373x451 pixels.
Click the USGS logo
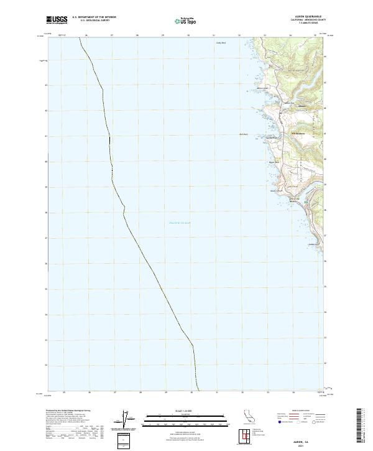point(57,21)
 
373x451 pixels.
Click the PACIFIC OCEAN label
point(180,223)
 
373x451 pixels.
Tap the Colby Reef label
point(220,43)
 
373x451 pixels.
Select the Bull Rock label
point(244,133)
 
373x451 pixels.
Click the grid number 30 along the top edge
point(188,36)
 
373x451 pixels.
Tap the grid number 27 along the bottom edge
point(116,393)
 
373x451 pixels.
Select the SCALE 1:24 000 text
point(179,412)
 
